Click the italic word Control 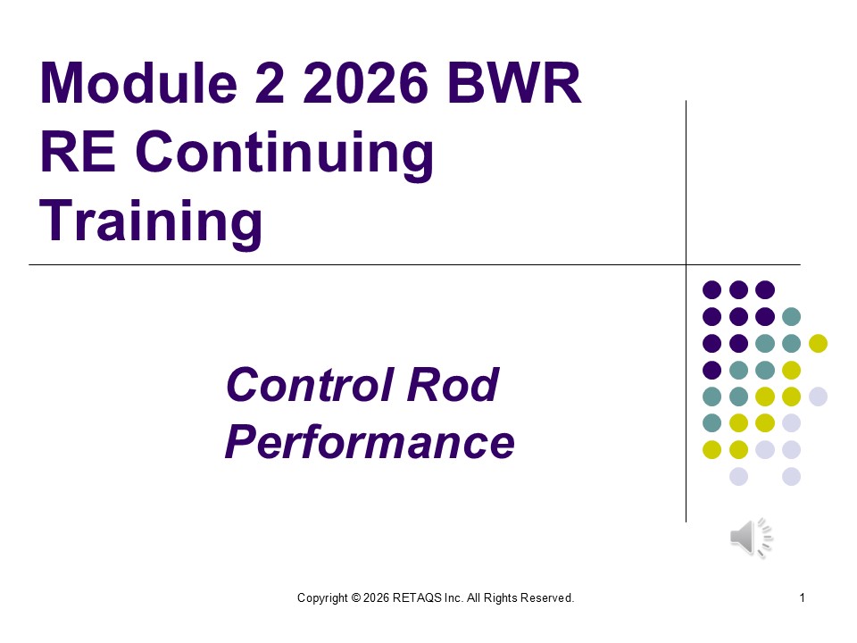click(306, 386)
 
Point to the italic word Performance click(370, 442)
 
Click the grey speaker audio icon click(751, 538)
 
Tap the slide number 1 click(803, 597)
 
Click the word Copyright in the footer click(322, 597)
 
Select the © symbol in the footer click(355, 597)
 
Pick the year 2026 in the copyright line click(376, 597)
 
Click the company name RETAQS click(417, 597)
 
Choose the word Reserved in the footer click(546, 597)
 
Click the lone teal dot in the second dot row click(791, 316)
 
